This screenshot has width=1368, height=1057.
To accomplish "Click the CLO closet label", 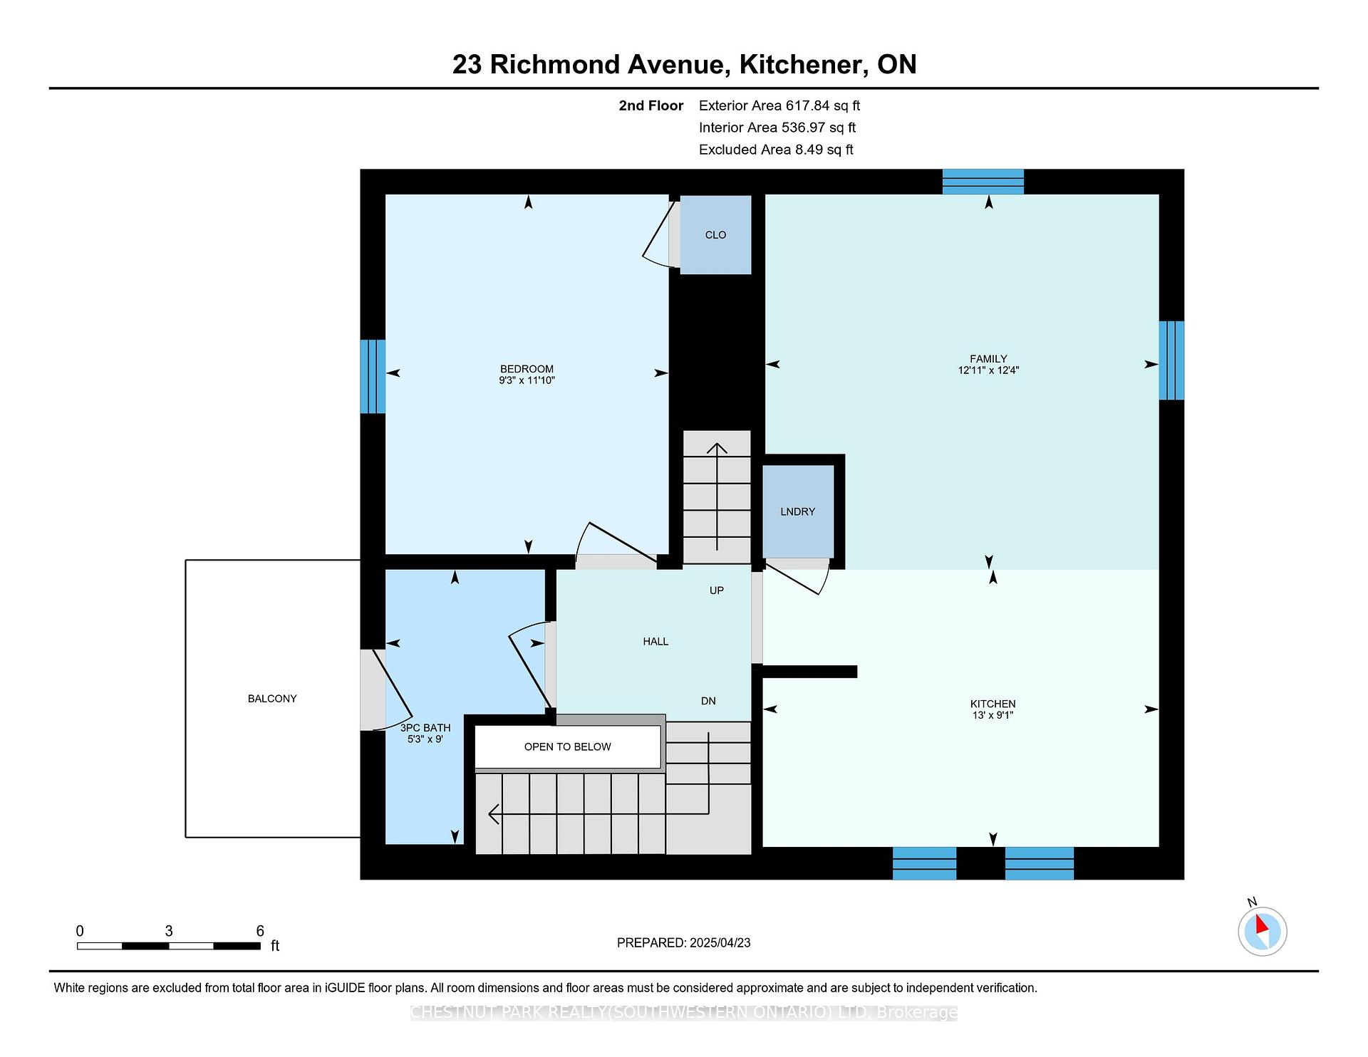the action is (x=715, y=235).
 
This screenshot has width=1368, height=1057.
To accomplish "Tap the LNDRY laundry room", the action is (x=798, y=511).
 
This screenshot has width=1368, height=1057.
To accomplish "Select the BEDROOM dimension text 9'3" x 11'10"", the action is (x=527, y=380).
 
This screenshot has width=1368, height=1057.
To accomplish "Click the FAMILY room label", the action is (x=988, y=359).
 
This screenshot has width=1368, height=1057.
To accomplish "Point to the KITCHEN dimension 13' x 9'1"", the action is (x=993, y=715).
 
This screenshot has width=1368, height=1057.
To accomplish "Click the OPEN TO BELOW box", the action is (x=568, y=747).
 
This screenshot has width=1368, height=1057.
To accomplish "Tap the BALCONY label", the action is (x=272, y=699).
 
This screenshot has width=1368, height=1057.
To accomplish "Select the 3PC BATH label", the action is (x=425, y=728).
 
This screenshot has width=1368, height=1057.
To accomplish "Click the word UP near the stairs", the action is (x=717, y=590).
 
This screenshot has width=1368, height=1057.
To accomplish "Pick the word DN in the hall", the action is (x=708, y=701).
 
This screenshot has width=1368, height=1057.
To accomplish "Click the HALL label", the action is (x=655, y=642).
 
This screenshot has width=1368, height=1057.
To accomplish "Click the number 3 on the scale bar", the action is (x=169, y=931).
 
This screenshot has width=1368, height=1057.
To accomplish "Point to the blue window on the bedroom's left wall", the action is (x=373, y=376).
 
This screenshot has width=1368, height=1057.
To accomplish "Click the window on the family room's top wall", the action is (x=983, y=182).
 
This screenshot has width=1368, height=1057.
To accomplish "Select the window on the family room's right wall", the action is (x=1171, y=360).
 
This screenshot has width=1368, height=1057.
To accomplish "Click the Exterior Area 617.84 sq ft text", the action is (x=779, y=105).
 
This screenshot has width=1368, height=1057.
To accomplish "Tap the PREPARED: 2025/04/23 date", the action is (x=684, y=943).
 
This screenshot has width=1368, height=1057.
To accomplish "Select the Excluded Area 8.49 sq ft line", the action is (x=776, y=150).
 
